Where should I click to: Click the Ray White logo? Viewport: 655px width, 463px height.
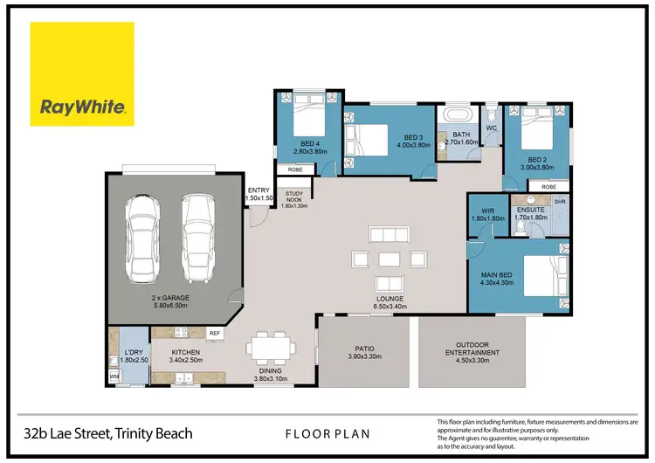click(82, 74)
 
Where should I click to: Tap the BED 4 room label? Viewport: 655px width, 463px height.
click(310, 144)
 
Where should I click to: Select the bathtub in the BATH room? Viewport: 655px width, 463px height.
click(458, 114)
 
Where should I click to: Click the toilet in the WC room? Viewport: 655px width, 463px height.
click(492, 114)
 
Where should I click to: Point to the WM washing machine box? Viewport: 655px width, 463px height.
click(114, 377)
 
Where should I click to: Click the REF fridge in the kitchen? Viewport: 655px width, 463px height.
click(215, 334)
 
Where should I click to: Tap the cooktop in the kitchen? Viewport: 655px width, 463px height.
click(181, 333)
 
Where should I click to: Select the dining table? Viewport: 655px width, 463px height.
click(271, 348)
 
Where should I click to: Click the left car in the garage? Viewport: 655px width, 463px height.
click(142, 238)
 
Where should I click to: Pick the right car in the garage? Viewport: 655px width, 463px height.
click(198, 238)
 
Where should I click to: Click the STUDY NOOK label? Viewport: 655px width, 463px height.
click(294, 197)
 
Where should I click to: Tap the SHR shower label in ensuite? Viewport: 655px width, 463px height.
click(560, 202)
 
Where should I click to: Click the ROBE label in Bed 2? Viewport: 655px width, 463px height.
click(548, 187)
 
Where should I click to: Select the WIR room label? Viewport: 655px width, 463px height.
click(488, 211)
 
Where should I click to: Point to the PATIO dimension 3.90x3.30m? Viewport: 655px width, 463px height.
click(365, 357)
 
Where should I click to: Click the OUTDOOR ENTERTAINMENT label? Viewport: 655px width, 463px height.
click(472, 349)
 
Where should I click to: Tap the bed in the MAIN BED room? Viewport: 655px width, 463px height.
click(546, 276)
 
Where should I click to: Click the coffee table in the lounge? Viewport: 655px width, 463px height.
click(390, 259)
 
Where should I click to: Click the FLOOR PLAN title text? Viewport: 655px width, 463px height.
click(327, 434)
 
